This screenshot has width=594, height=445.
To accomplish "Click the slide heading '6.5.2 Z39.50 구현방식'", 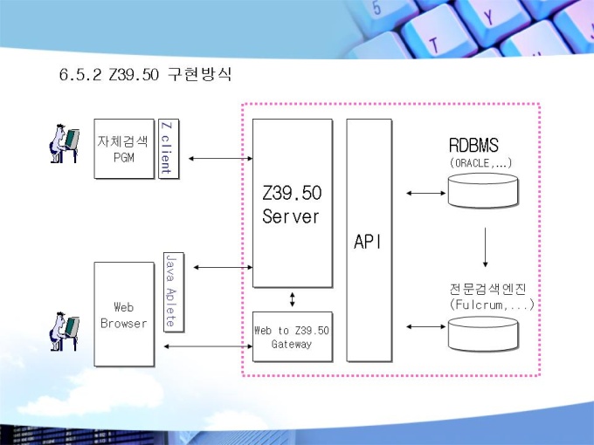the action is pyautogui.click(x=145, y=74).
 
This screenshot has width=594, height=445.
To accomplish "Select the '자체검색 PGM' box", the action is pyautogui.click(x=124, y=148).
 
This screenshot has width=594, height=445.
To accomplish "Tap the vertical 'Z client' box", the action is pyautogui.click(x=169, y=148).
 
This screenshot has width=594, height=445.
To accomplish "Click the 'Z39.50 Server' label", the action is pyautogui.click(x=292, y=204).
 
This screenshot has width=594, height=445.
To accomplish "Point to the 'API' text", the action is pyautogui.click(x=368, y=242).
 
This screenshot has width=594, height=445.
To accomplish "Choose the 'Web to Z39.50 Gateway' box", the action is pyautogui.click(x=293, y=337).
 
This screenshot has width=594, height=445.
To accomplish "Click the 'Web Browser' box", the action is pyautogui.click(x=124, y=314).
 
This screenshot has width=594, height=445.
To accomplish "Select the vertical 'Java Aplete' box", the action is pyautogui.click(x=174, y=292).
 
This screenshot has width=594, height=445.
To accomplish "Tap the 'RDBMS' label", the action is pyautogui.click(x=473, y=146).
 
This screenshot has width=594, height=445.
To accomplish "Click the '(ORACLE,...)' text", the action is pyautogui.click(x=480, y=163).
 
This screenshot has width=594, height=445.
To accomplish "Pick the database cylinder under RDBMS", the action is pyautogui.click(x=483, y=190).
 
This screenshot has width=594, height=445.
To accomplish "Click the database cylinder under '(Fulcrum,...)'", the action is pyautogui.click(x=483, y=333).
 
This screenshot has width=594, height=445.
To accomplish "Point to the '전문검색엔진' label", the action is pyautogui.click(x=488, y=289).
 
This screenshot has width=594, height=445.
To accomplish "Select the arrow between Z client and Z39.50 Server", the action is pyautogui.click(x=220, y=159).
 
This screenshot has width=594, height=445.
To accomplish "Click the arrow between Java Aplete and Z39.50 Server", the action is pyautogui.click(x=223, y=268).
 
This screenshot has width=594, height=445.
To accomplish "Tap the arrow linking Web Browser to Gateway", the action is pyautogui.click(x=209, y=346).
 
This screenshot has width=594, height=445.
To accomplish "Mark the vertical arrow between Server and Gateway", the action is pyautogui.click(x=292, y=299).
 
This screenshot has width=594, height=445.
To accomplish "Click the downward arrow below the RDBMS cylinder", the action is pyautogui.click(x=486, y=248).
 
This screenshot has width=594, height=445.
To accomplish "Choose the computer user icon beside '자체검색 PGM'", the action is pyautogui.click(x=64, y=144).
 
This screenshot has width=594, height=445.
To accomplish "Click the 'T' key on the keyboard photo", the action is pyautogui.click(x=434, y=45).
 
